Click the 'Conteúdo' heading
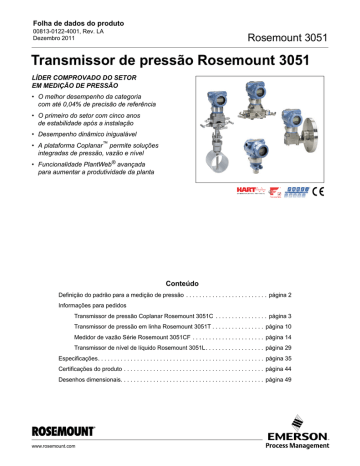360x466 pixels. (x=179, y=283)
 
